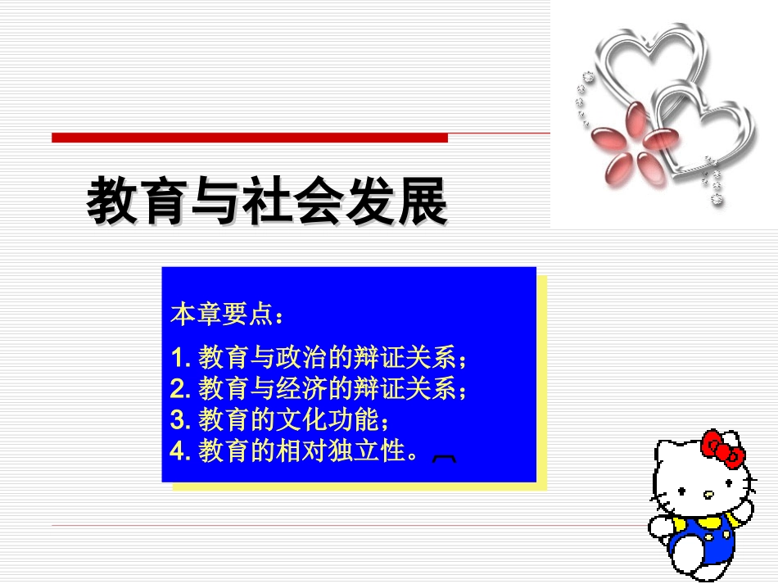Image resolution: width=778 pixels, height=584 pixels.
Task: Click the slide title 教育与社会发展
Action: (267, 201)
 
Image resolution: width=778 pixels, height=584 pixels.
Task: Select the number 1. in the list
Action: (181, 358)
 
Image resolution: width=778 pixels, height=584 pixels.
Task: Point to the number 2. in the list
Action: (181, 388)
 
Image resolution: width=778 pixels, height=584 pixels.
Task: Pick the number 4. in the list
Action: (181, 450)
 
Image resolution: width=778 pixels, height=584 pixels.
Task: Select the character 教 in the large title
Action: (112, 201)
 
